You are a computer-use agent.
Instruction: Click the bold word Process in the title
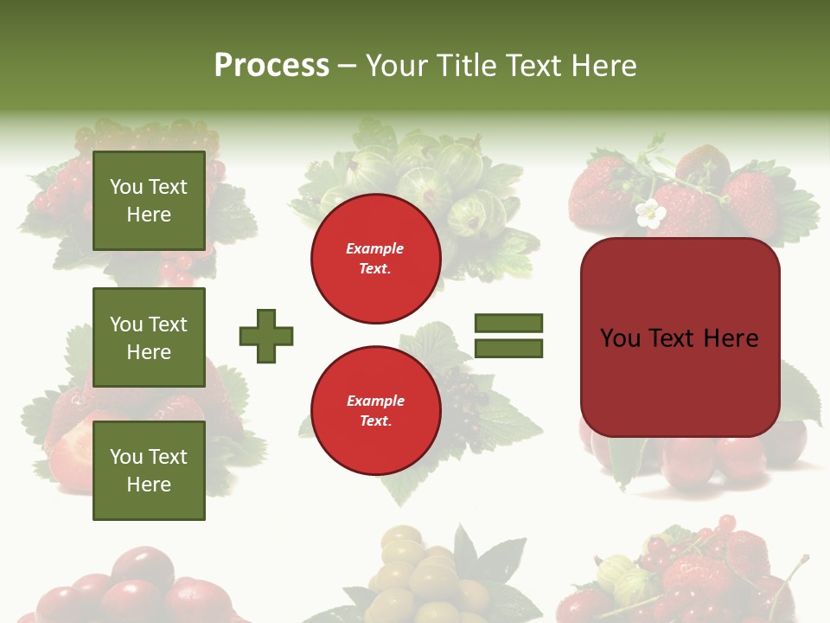(x=271, y=66)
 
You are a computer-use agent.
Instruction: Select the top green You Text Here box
(x=149, y=201)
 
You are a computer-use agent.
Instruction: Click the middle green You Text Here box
(x=149, y=337)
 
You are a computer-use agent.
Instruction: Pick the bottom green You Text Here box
(x=149, y=471)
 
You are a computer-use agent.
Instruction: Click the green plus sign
(x=266, y=336)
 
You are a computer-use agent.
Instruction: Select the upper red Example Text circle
(x=376, y=259)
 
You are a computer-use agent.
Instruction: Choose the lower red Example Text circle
(x=376, y=411)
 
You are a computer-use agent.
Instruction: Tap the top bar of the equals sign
(x=508, y=323)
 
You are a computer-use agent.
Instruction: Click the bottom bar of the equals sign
(x=508, y=349)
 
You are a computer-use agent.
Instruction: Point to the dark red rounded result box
(x=680, y=337)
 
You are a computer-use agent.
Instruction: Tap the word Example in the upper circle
(x=375, y=248)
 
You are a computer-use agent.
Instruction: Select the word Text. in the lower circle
(x=375, y=421)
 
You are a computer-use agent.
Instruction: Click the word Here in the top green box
(x=149, y=215)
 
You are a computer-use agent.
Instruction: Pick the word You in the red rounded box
(x=621, y=337)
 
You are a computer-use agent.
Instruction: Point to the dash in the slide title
(x=348, y=67)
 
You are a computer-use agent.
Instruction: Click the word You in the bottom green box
(x=126, y=457)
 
